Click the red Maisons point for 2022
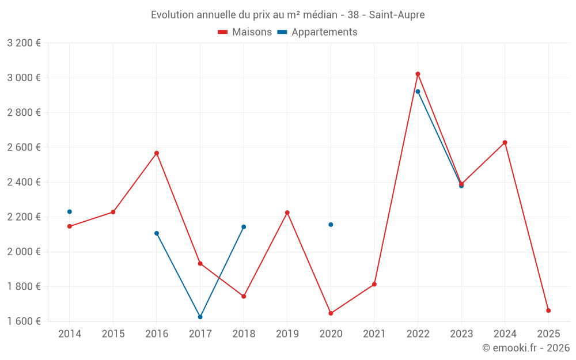point(418,74)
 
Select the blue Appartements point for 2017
point(200,317)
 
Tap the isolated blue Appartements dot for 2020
point(331,225)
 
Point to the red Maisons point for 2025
point(548,310)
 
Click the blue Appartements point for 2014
point(70,211)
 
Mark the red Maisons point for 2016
point(157,153)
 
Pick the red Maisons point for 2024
point(505,142)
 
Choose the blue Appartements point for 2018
point(244,227)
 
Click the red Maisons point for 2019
point(287,213)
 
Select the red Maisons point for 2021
point(374,284)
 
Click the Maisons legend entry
point(245,32)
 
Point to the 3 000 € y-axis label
point(24,78)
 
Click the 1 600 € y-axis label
point(24,321)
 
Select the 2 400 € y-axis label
point(24,182)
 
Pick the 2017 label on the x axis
point(200,334)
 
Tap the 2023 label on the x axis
point(461,334)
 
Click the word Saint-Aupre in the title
point(397,15)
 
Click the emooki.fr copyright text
point(526,348)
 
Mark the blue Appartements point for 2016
point(157,233)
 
